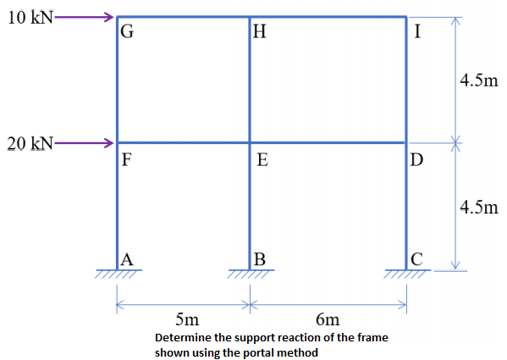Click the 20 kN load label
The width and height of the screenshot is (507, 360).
tap(29, 143)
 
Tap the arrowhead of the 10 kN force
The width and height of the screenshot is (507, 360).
tap(108, 17)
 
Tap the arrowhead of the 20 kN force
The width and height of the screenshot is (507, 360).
tap(108, 142)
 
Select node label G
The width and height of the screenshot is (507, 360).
tap(127, 33)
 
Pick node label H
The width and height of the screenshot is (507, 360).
tap(260, 33)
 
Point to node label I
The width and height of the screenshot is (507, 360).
tap(417, 33)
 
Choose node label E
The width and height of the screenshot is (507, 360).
tap(262, 160)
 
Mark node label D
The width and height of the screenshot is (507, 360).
tap(416, 159)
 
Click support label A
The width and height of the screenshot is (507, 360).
tap(127, 259)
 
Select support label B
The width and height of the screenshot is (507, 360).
tap(260, 259)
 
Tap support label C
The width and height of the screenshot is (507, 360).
tap(416, 259)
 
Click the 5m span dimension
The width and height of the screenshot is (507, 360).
tap(187, 320)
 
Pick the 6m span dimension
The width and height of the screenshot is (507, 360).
tap(328, 320)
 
